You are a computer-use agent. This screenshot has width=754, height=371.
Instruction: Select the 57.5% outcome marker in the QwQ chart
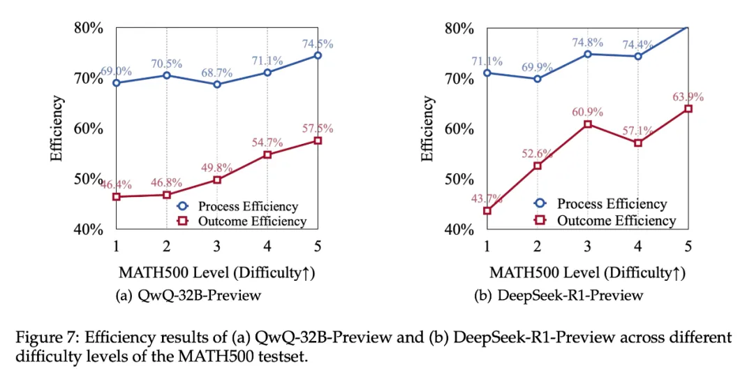(318, 140)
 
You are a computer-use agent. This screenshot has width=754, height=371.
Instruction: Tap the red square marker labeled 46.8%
(167, 194)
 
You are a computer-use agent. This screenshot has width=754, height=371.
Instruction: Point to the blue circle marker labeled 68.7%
(217, 85)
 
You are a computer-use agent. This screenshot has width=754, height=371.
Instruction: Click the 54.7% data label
(267, 143)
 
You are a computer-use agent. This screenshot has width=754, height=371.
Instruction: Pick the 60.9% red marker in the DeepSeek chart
(588, 124)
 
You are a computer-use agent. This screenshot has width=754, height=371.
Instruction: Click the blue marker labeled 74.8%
(588, 54)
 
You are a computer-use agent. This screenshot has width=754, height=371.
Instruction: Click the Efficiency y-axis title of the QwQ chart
(57, 129)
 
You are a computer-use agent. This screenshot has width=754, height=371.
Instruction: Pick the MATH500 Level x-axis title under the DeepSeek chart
(586, 271)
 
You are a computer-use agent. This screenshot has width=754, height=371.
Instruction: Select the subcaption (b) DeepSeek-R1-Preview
(559, 296)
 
